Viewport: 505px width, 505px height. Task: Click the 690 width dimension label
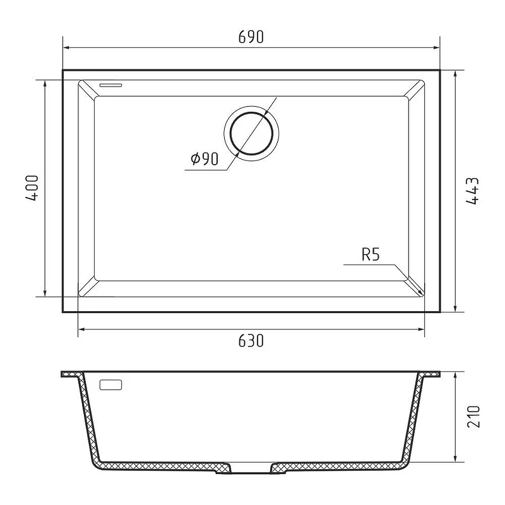[x=251, y=37]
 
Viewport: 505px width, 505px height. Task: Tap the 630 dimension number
[x=251, y=341]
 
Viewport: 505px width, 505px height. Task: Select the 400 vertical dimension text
[x=32, y=188]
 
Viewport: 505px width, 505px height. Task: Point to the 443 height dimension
[x=472, y=191]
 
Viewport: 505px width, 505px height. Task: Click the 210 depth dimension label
[x=473, y=417]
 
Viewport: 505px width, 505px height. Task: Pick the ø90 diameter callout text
[x=205, y=158]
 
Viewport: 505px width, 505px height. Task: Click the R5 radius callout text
[x=371, y=254]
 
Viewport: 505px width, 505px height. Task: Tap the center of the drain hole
[x=251, y=133]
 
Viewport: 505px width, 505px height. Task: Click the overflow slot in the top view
[x=111, y=85]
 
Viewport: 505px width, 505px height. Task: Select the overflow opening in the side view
[x=111, y=385]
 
